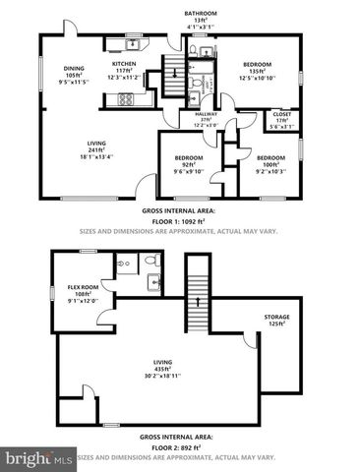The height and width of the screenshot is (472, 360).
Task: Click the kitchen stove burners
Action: (x=127, y=99)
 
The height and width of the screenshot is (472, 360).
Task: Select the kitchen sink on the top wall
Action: (x=132, y=42)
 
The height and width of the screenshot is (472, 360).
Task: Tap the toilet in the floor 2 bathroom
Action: (x=152, y=263)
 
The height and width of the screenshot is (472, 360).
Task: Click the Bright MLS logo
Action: (x=39, y=458)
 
